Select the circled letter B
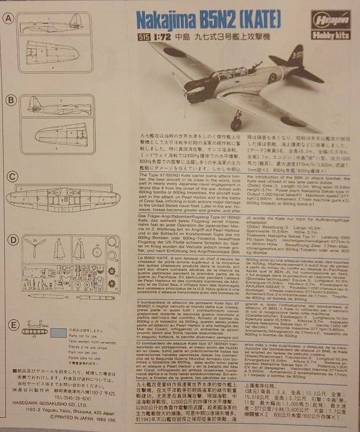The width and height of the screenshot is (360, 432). pos(9,100)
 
